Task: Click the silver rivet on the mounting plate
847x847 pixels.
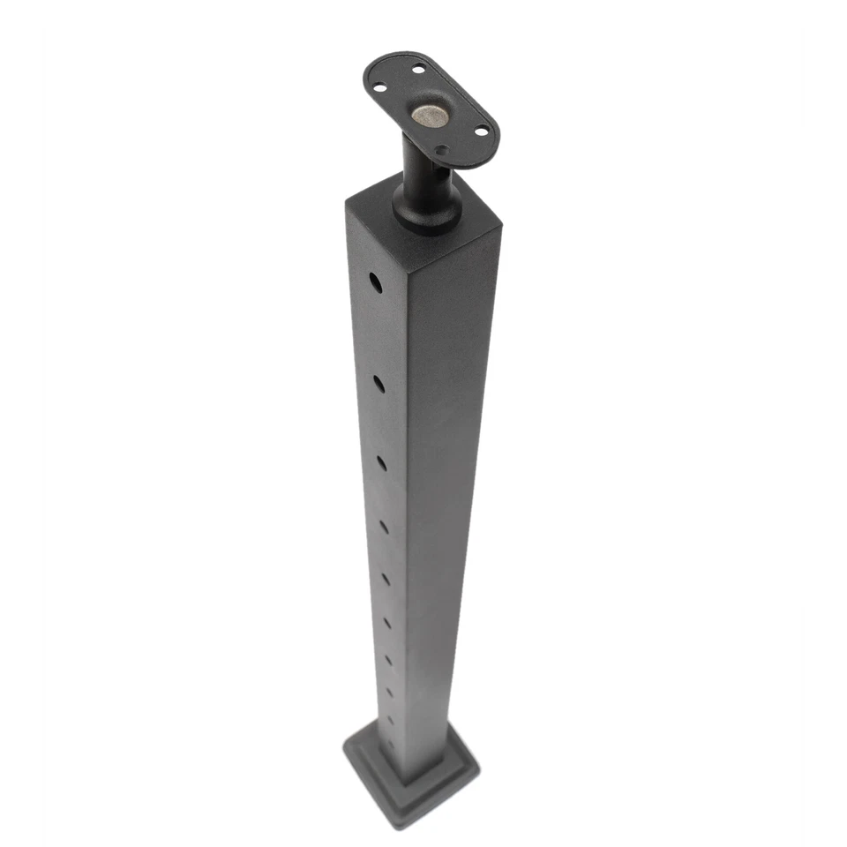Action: [x=430, y=114]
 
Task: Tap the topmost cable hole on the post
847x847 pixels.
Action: [x=376, y=283]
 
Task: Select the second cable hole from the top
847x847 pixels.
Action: [x=379, y=384]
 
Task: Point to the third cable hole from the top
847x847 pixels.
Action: [x=381, y=461]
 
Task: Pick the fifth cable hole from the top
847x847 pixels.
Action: [x=386, y=580]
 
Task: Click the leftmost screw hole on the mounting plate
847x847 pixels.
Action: [x=379, y=87]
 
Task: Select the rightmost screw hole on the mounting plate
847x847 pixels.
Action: [x=481, y=131]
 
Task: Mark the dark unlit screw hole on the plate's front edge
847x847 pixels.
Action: [x=441, y=151]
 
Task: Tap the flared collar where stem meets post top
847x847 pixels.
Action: [x=426, y=212]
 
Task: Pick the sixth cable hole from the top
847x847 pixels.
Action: [x=386, y=623]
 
